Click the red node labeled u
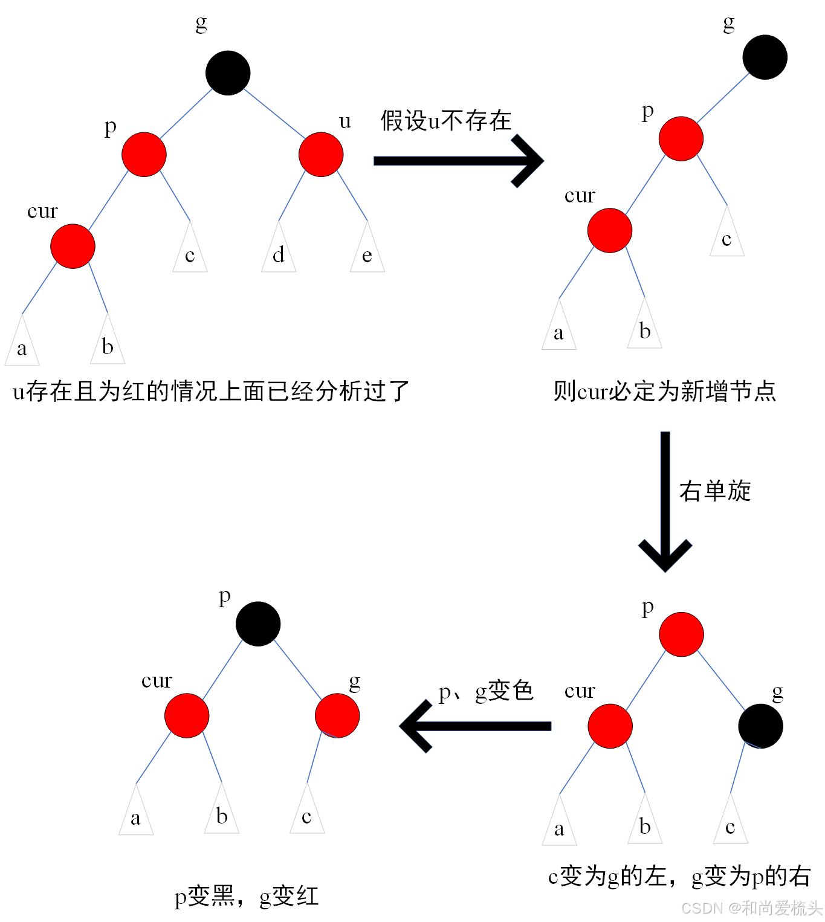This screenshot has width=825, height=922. click(x=321, y=155)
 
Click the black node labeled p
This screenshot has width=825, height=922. click(x=258, y=624)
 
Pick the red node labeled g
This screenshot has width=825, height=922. click(x=337, y=715)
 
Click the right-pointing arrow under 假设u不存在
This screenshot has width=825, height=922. click(x=458, y=161)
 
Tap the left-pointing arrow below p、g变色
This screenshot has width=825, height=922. click(x=475, y=726)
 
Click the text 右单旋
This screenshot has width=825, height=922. click(x=715, y=491)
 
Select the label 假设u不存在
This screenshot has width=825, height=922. click(x=446, y=121)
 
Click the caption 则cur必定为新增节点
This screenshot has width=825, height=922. click(x=665, y=392)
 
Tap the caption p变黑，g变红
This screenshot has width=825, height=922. click(x=247, y=896)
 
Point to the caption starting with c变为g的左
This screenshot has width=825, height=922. click(x=679, y=876)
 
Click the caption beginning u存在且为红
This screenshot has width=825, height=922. click(x=211, y=392)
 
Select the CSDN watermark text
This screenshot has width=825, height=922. click(x=751, y=908)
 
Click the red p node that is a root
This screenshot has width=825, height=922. click(x=681, y=634)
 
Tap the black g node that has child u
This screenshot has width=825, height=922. click(x=228, y=73)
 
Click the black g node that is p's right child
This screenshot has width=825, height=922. click(x=760, y=726)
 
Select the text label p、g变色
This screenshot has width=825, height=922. click(x=486, y=691)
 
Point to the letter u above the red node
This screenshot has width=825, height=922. click(x=345, y=121)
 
